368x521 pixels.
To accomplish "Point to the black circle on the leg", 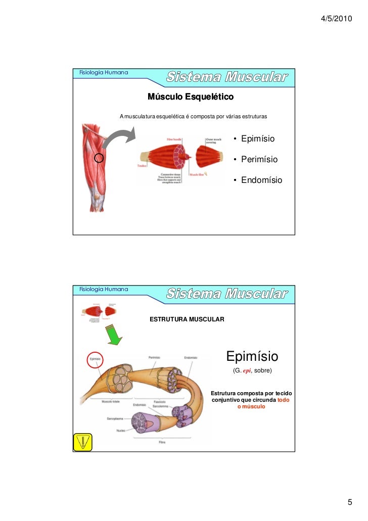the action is [99, 158].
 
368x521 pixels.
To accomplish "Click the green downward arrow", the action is [116, 334].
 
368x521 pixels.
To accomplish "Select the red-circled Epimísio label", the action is [95, 359].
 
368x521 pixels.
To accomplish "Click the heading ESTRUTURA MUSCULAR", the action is [186, 320].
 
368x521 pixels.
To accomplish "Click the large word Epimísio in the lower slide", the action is [252, 356].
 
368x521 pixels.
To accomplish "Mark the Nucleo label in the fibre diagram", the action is [121, 431].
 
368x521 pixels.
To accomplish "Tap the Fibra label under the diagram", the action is [162, 442].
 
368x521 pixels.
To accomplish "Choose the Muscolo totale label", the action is [111, 402].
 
